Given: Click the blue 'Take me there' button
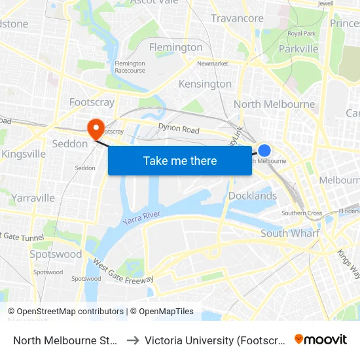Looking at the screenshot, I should pyautogui.click(x=180, y=160).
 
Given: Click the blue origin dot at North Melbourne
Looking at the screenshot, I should pyautogui.click(x=264, y=151).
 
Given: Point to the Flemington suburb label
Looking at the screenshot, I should pyautogui.click(x=175, y=47).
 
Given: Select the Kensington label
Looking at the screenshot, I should pyautogui.click(x=205, y=84).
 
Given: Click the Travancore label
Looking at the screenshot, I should pyautogui.click(x=237, y=18).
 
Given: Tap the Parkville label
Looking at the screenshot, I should pyautogui.click(x=298, y=48).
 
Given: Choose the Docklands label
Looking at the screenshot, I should pyautogui.click(x=253, y=196).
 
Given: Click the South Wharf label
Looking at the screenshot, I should pyautogui.click(x=290, y=233).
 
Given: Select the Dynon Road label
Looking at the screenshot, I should pyautogui.click(x=179, y=130).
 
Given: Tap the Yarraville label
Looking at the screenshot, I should pyautogui.click(x=33, y=198).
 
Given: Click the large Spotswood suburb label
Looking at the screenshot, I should pyautogui.click(x=56, y=254).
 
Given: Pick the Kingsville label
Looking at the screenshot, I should pyautogui.click(x=24, y=154).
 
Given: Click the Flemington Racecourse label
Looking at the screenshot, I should pyautogui.click(x=130, y=67).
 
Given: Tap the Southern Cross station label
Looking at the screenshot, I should pyautogui.click(x=302, y=213).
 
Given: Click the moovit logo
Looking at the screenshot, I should pyautogui.click(x=321, y=339).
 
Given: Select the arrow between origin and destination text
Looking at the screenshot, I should pyautogui.click(x=132, y=340).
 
